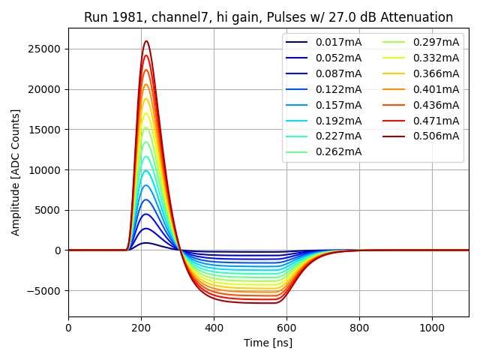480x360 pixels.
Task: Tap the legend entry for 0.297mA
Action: pyautogui.click(x=436, y=42)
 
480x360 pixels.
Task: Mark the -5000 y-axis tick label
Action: pyautogui.click(x=46, y=291)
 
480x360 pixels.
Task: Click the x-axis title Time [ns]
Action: pyautogui.click(x=268, y=343)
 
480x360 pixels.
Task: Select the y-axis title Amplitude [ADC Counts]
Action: pyautogui.click(x=16, y=172)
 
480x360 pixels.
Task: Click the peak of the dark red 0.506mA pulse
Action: pyautogui.click(x=146, y=41)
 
